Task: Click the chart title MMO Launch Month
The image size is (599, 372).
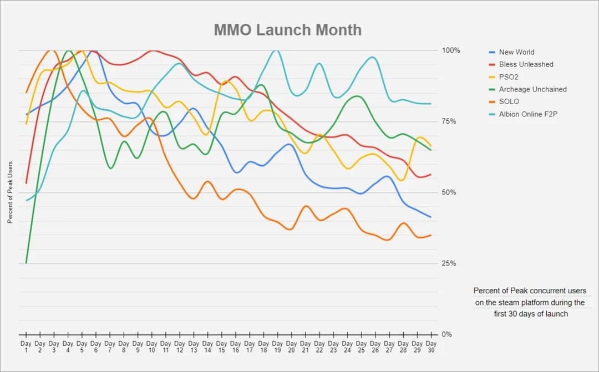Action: click(287, 29)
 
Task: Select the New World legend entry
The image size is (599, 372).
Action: click(516, 52)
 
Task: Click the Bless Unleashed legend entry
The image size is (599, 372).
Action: click(526, 64)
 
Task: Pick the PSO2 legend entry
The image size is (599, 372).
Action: click(509, 77)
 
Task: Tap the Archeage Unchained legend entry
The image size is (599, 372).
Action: click(532, 89)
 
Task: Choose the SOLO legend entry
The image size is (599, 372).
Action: click(509, 101)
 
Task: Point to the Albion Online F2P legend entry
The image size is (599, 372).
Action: click(529, 114)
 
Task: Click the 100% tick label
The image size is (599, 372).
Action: click(451, 50)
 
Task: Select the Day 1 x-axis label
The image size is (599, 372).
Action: click(26, 347)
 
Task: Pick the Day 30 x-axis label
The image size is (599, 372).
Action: click(431, 347)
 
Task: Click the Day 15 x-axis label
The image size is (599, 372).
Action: click(221, 347)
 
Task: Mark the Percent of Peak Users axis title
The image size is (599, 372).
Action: click(10, 192)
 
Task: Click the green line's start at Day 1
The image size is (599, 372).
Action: click(26, 263)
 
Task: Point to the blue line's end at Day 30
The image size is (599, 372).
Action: click(430, 217)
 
